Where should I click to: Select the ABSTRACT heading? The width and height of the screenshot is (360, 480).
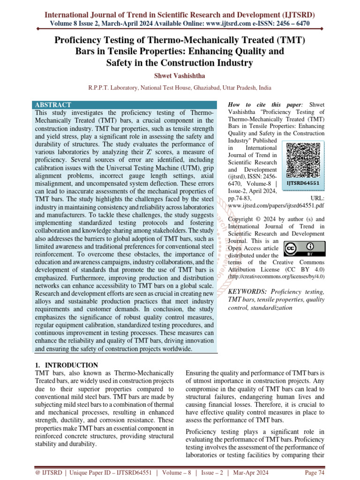pos(53,105)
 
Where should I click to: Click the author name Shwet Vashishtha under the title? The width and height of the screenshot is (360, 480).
pos(180,75)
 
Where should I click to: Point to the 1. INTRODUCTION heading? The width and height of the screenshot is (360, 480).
pos(67,365)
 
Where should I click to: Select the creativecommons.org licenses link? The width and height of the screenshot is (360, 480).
pos(276,277)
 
